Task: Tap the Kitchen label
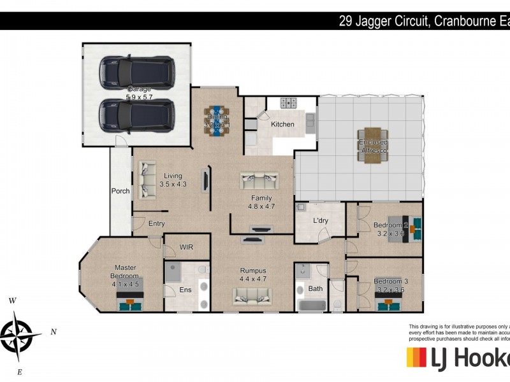tap(282, 124)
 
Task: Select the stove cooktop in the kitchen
tap(289, 102)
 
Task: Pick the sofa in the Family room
tap(259, 181)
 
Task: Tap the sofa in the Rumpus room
tap(252, 295)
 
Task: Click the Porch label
tap(120, 191)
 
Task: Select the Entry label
tap(156, 223)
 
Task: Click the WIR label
tap(186, 246)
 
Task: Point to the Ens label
tap(185, 290)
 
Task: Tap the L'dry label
tap(320, 221)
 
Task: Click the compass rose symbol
tap(20, 333)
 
